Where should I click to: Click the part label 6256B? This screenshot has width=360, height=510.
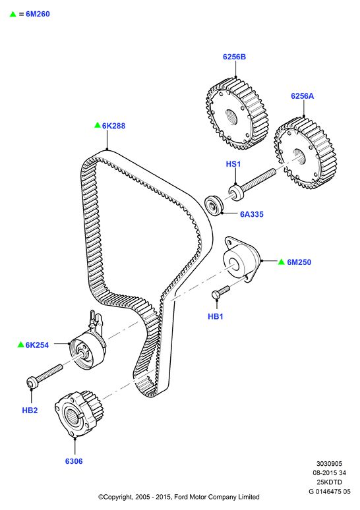point(234,57)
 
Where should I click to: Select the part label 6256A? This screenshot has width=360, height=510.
point(303,96)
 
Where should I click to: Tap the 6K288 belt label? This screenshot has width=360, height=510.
point(113,126)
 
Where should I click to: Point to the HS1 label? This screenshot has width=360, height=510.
point(233,164)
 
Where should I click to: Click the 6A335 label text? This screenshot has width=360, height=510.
point(252,214)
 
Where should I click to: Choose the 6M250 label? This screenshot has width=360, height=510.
point(299,262)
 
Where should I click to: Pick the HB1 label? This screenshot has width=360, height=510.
point(216,316)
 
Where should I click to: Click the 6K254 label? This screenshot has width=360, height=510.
point(37,345)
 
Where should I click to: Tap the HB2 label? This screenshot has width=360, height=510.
point(30,411)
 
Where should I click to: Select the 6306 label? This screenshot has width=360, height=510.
point(74,461)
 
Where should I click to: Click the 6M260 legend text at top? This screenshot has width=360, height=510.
point(38,14)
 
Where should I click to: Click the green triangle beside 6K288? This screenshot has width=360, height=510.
point(98,125)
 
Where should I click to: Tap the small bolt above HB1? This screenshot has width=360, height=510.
point(221,292)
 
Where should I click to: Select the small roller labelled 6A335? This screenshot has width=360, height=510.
point(214,205)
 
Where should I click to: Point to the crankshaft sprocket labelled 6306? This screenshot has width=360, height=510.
point(77,414)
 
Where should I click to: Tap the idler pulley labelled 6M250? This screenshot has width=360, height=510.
point(241,260)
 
